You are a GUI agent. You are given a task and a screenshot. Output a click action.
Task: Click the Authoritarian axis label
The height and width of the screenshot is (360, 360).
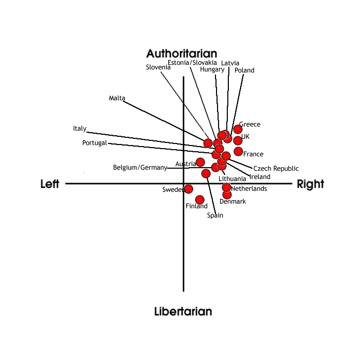(182, 53)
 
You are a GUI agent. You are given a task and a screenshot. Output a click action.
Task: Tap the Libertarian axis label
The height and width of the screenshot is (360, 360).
(183, 311)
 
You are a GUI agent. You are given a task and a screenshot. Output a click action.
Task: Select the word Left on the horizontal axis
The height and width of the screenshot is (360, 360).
(50, 184)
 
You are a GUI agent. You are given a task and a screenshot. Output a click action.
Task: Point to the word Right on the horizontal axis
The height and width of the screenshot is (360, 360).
(311, 184)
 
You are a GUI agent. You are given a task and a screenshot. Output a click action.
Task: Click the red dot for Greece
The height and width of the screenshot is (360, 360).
(238, 129)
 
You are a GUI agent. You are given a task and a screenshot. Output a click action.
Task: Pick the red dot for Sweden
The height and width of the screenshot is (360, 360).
(188, 189)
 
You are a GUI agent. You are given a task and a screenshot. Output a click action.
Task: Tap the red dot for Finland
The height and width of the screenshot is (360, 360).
(200, 200)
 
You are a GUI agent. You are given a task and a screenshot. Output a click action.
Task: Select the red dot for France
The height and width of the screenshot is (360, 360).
(238, 151)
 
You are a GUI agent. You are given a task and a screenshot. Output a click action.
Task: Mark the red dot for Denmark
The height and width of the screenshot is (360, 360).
(227, 194)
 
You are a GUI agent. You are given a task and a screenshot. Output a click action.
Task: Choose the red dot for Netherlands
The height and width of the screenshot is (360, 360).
(226, 187)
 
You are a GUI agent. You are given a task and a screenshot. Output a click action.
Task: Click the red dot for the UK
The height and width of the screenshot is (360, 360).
(238, 140)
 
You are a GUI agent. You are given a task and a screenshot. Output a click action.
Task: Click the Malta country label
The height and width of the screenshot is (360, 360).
(117, 98)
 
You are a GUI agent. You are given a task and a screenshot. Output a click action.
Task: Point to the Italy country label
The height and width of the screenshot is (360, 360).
(80, 129)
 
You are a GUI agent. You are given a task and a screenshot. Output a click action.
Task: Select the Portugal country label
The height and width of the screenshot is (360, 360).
(94, 143)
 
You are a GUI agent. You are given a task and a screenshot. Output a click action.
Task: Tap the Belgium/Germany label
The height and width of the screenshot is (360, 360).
(140, 168)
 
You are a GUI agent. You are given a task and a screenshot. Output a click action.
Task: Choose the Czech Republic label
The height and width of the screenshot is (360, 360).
(276, 169)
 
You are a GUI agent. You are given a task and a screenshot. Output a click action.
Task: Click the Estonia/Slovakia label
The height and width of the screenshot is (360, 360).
(192, 63)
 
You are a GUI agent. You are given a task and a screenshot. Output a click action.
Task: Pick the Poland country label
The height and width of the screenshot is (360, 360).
(244, 70)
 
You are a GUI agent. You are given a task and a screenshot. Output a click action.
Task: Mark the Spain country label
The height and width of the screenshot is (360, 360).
(215, 215)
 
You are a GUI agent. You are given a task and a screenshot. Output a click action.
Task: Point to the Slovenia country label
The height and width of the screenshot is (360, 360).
(158, 67)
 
